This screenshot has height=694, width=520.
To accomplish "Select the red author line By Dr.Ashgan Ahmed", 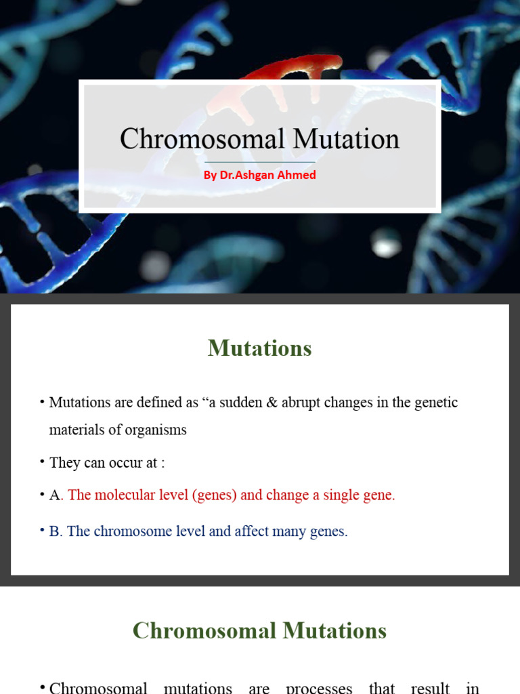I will coord(260,175).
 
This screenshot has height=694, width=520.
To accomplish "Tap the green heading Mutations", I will coord(260,348).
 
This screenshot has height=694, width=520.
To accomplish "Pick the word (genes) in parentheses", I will coord(215,495).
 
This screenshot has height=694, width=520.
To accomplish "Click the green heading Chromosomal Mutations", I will coord(260,631).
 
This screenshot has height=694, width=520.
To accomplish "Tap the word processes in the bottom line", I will coord(319,688).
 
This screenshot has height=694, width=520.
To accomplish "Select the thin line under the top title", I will coord(260,162).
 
